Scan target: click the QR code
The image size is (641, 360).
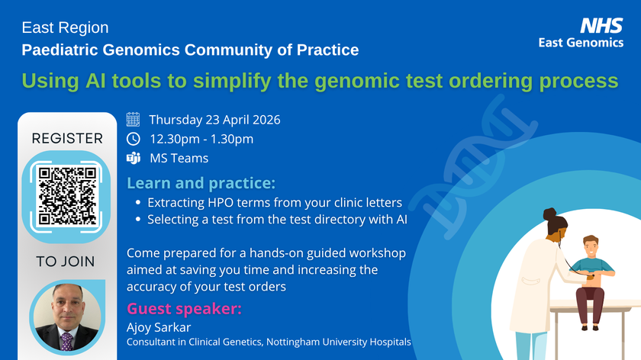[x=66, y=194]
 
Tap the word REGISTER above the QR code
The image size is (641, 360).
[x=66, y=138]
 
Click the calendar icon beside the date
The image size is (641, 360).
[x=133, y=119]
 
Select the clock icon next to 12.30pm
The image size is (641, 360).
[x=133, y=139]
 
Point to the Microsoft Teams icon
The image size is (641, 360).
[x=133, y=159]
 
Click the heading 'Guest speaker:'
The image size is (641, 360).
[x=184, y=308]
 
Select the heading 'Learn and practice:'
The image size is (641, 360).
[x=201, y=183]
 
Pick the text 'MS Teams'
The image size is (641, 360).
[x=179, y=159]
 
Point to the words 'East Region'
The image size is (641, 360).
[x=65, y=27]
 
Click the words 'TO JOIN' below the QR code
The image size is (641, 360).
[x=66, y=262]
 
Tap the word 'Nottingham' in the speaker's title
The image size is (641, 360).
[x=295, y=342]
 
